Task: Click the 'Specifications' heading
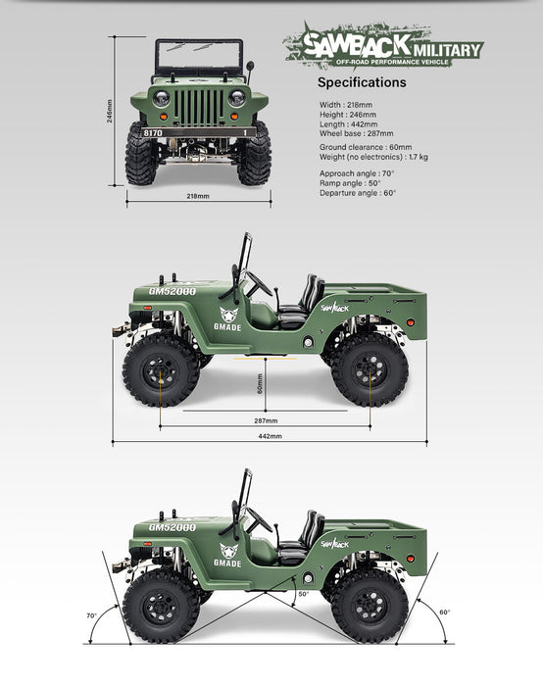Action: (x=362, y=82)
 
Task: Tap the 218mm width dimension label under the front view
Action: (x=198, y=196)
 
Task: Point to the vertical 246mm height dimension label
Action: (x=110, y=111)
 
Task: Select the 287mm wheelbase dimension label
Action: (x=266, y=420)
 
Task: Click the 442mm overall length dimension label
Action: (x=270, y=436)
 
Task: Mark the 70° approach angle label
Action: (x=91, y=615)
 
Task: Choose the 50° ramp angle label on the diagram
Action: (x=303, y=594)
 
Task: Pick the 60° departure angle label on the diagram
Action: (x=445, y=612)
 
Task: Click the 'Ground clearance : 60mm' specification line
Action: (x=366, y=147)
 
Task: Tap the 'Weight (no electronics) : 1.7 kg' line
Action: (x=373, y=157)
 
